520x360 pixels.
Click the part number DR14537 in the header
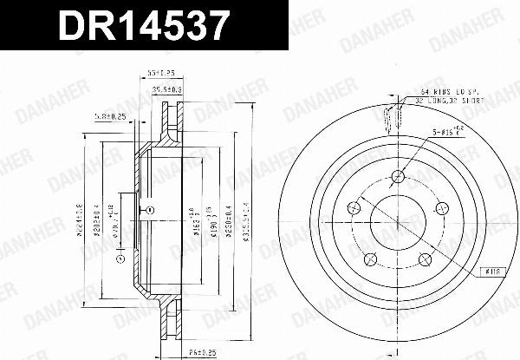click(144, 26)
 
